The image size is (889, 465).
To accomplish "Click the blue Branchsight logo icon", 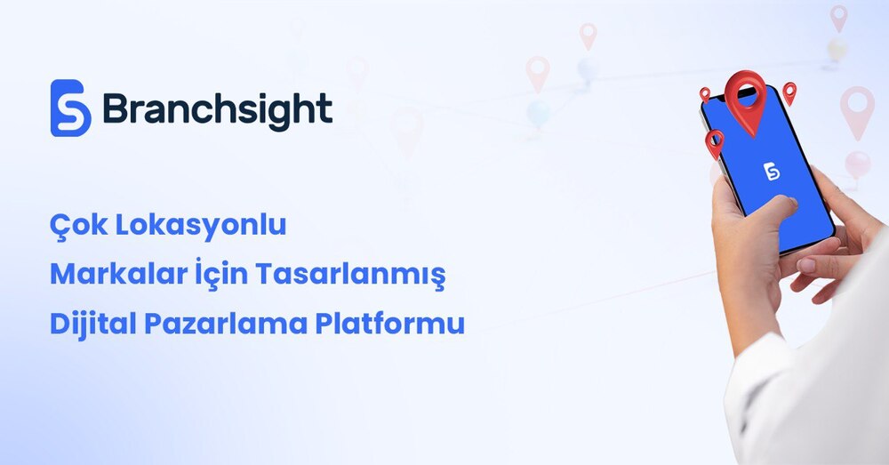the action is click(x=71, y=108).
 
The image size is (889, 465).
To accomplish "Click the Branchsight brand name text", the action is click(x=218, y=108).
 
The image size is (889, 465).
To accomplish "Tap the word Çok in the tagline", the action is click(x=77, y=226).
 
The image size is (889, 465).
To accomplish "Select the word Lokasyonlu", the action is click(x=201, y=226).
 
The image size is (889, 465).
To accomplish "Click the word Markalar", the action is click(x=118, y=274).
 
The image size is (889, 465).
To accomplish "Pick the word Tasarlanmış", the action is click(x=350, y=275).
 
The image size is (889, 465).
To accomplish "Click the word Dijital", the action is click(x=92, y=324).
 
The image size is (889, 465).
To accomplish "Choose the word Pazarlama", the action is click(x=225, y=324).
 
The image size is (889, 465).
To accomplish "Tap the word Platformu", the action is click(x=390, y=324).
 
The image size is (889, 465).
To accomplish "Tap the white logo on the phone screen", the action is click(x=771, y=172).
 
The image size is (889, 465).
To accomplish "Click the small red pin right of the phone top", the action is click(x=789, y=93).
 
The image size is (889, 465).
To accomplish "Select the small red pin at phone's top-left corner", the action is click(x=705, y=94).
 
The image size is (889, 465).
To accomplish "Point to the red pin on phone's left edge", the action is click(x=715, y=143).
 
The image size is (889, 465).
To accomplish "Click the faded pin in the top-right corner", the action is click(x=839, y=18).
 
